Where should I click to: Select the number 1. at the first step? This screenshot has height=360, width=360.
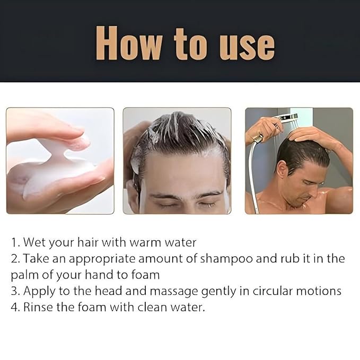pos(15,243)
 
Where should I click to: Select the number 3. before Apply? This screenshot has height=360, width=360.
pos(15,292)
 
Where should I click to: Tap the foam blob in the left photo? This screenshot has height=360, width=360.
pos(58,170)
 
